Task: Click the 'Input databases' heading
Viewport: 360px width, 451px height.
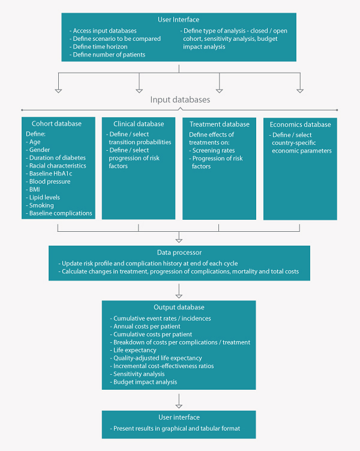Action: pyautogui.click(x=180, y=100)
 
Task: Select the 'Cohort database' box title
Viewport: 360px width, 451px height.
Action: pyautogui.click(x=56, y=124)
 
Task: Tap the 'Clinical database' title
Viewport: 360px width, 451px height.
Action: pyautogui.click(x=139, y=124)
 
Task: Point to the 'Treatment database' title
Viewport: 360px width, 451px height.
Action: pyautogui.click(x=220, y=124)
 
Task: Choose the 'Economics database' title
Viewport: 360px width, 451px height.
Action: pyautogui.click(x=300, y=124)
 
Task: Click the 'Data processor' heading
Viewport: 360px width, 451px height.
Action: pyautogui.click(x=179, y=253)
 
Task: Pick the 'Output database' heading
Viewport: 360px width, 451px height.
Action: pyautogui.click(x=179, y=307)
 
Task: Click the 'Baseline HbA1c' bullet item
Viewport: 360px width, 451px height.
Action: pyautogui.click(x=49, y=174)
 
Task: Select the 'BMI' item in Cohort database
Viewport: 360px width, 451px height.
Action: pyautogui.click(x=33, y=189)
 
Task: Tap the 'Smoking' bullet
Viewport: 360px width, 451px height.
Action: pyautogui.click(x=40, y=205)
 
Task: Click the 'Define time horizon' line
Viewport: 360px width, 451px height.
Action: pyautogui.click(x=98, y=47)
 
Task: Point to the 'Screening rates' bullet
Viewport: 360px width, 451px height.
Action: pyautogui.click(x=212, y=150)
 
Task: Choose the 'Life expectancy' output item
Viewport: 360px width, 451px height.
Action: pyautogui.click(x=133, y=350)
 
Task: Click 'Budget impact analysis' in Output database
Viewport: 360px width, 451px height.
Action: pyautogui.click(x=143, y=382)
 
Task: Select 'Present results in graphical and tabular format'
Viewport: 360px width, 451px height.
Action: pyautogui.click(x=175, y=429)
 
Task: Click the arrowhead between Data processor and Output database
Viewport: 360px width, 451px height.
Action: pyautogui.click(x=179, y=296)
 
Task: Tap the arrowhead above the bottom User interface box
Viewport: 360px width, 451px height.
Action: pyautogui.click(x=179, y=406)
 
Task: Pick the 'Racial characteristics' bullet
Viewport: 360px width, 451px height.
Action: pyautogui.click(x=56, y=166)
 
